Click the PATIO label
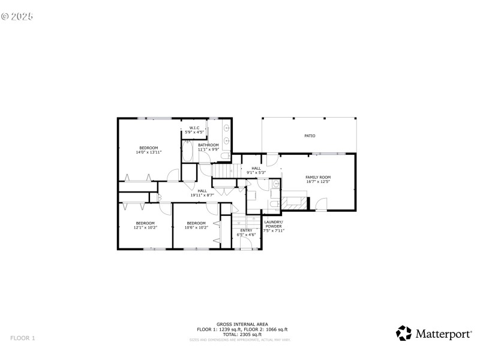coord(310,136)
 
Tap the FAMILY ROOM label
coord(318,177)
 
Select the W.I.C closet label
coord(194,127)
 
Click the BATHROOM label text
coord(208,145)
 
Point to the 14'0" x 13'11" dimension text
coord(149,152)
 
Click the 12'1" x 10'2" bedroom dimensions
coord(145,227)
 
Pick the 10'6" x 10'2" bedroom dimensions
coord(196,227)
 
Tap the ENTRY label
coord(247,230)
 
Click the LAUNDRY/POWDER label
coord(274,224)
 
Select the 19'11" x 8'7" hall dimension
coord(202,195)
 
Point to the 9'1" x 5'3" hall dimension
coord(256,172)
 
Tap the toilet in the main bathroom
coord(224,156)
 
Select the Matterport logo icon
coord(404,333)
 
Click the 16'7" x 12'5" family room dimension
coord(318,182)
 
